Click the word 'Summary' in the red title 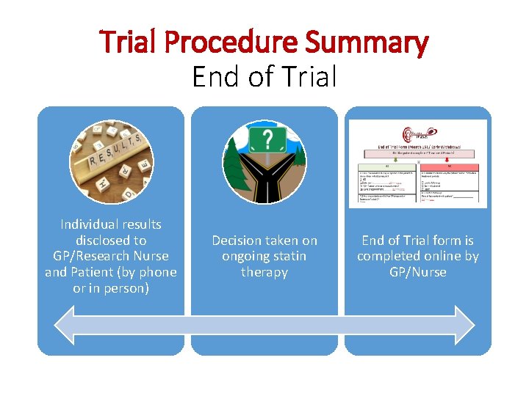point(372,43)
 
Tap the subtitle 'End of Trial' point(264,76)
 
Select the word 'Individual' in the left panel point(111,224)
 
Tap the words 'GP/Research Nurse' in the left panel point(111,256)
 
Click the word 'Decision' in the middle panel point(237,241)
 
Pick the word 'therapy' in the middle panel point(264,272)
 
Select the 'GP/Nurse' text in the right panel point(418,272)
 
